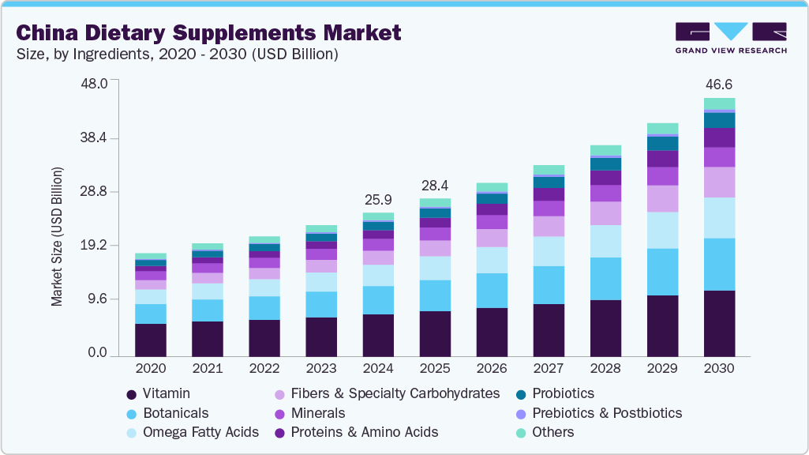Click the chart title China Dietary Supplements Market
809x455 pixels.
(x=208, y=32)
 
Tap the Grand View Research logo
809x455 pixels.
(x=730, y=37)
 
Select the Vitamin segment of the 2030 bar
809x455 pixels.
(x=719, y=323)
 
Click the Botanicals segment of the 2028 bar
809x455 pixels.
(x=605, y=278)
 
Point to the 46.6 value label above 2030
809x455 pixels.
(x=719, y=85)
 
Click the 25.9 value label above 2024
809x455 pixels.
(x=378, y=199)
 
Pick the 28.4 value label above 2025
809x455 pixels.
(x=435, y=186)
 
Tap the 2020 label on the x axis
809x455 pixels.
(x=151, y=368)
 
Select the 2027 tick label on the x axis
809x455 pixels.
(x=549, y=368)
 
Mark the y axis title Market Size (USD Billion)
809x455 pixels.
(x=57, y=237)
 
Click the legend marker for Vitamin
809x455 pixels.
(x=132, y=393)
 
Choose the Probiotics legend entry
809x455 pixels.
(x=563, y=393)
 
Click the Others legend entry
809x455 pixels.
(x=553, y=432)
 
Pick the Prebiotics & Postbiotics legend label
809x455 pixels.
(x=606, y=413)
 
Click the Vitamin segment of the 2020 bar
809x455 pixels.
(x=151, y=340)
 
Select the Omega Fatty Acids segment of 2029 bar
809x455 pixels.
(x=662, y=230)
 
